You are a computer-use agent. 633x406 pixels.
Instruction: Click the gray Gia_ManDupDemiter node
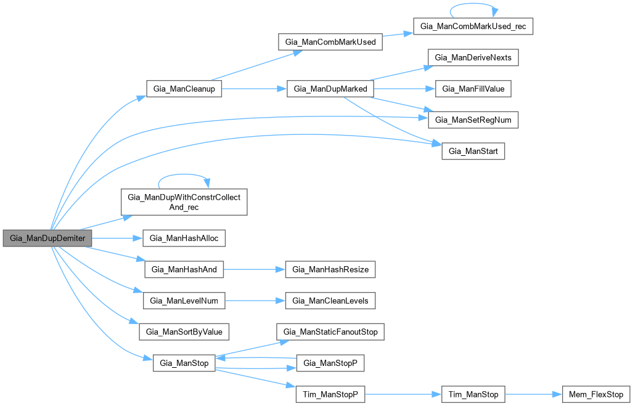(47, 238)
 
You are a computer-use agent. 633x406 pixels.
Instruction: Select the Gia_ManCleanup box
(183, 89)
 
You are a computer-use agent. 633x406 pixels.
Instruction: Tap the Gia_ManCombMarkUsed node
(330, 43)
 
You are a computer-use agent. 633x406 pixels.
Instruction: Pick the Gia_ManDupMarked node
(330, 89)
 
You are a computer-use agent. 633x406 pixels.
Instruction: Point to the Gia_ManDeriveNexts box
(473, 58)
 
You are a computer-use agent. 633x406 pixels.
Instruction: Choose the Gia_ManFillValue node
(473, 89)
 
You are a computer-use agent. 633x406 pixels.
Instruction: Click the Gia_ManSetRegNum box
(473, 119)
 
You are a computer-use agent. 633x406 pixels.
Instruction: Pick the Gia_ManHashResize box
(330, 269)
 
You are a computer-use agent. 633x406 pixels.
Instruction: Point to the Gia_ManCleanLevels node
(330, 301)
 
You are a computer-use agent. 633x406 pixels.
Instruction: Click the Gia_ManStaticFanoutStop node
(330, 331)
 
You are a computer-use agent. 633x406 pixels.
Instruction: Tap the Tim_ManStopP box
(330, 394)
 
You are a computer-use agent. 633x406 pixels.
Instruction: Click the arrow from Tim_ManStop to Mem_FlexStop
(534, 394)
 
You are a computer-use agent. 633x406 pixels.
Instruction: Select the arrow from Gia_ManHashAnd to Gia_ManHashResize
(254, 269)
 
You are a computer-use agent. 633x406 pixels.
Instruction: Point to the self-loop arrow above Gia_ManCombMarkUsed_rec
(472, 7)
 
